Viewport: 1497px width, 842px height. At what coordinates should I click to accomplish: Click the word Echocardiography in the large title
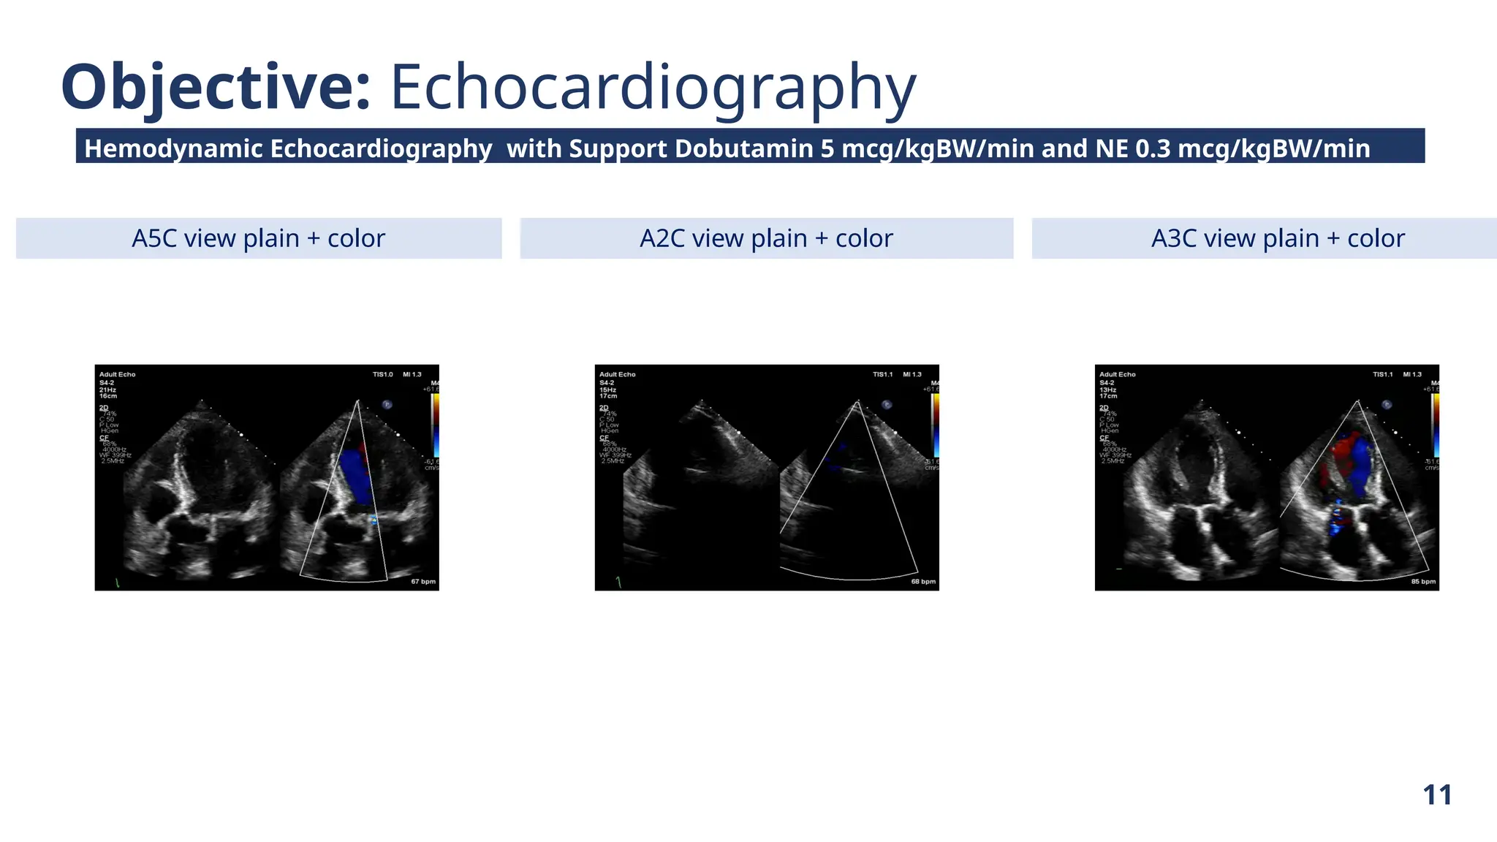(x=653, y=88)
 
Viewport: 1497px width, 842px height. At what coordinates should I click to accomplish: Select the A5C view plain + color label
(x=258, y=238)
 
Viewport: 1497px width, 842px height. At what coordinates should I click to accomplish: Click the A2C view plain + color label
(x=766, y=238)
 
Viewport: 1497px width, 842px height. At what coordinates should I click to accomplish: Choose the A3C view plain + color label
(x=1278, y=238)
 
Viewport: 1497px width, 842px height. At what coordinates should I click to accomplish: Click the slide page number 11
(x=1437, y=794)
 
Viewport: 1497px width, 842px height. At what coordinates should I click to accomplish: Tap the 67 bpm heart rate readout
(x=423, y=582)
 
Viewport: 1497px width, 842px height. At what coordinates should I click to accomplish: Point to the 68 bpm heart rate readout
(x=923, y=582)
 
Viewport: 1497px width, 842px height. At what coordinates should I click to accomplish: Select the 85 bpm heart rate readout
(x=1423, y=582)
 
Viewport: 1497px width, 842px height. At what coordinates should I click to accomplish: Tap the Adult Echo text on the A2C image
(x=618, y=374)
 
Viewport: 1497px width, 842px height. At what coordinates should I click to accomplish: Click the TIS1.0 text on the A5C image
(x=382, y=374)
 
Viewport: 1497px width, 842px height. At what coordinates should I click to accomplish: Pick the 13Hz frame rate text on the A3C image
(x=1108, y=390)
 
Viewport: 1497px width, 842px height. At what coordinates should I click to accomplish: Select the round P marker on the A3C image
(x=1387, y=404)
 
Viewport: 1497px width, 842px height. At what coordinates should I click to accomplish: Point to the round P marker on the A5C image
(x=387, y=404)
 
